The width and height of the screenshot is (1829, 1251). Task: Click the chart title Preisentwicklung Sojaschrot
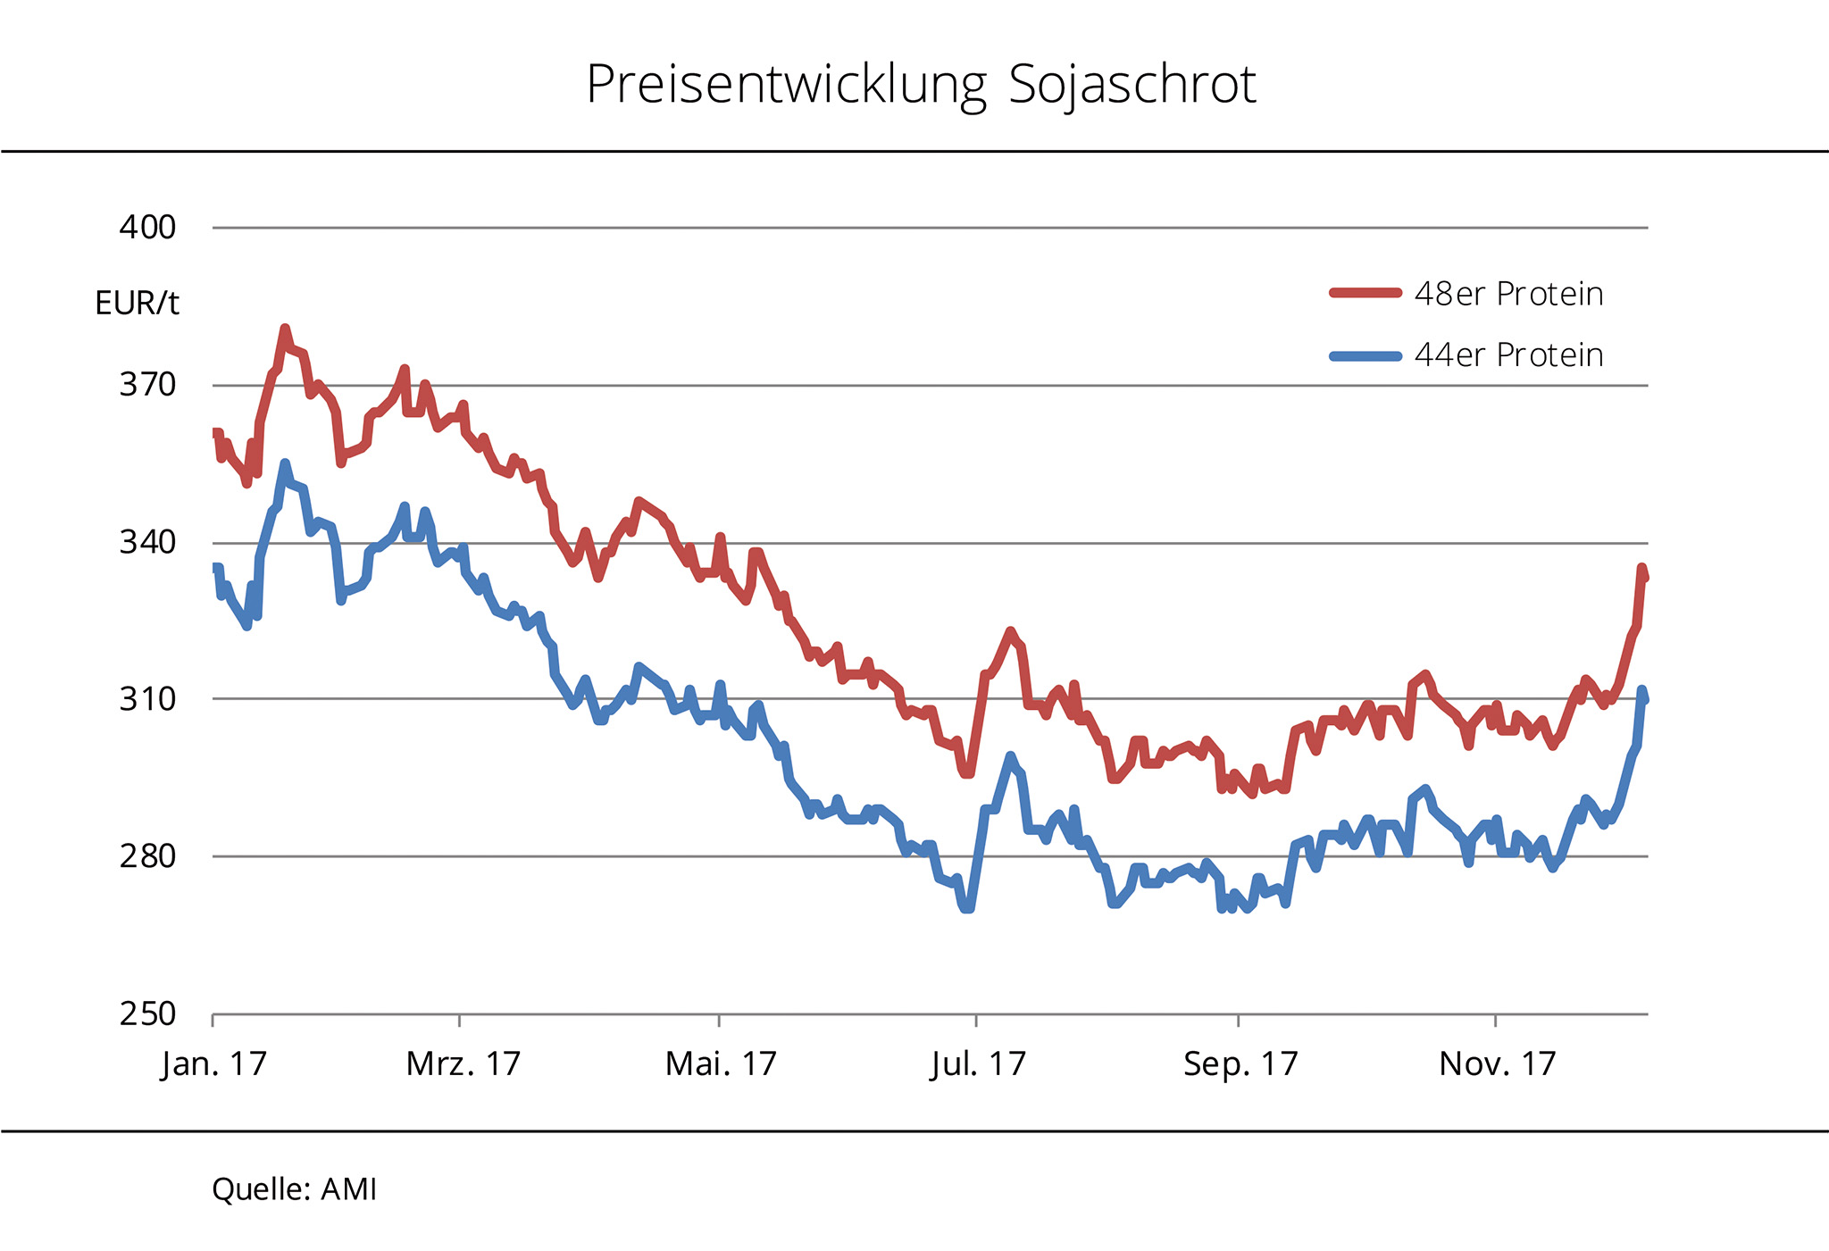coord(921,85)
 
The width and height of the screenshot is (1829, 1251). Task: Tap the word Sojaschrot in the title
coord(1132,85)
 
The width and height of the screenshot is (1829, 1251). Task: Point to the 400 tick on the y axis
coord(148,228)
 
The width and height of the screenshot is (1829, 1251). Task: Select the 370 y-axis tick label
coord(148,385)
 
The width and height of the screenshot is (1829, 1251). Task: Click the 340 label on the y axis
coord(148,542)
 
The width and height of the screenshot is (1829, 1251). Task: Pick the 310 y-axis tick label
coord(148,699)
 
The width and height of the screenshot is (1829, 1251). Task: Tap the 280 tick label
coord(148,856)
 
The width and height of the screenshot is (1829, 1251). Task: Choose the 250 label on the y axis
coord(148,1014)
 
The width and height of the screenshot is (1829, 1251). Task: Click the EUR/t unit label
coord(137,304)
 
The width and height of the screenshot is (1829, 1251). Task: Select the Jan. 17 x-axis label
coord(214,1063)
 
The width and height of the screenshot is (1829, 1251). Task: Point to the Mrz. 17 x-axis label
coord(463,1063)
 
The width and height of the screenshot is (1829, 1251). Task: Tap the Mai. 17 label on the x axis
coord(721,1063)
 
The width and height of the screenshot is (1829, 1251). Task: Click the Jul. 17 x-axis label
coord(978,1063)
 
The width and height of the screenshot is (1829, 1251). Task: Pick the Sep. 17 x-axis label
coord(1240,1063)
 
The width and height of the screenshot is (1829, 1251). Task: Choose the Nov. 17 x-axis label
coord(1498,1063)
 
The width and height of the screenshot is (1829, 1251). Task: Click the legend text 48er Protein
coord(1508,294)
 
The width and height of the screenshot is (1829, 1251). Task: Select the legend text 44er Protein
coord(1508,355)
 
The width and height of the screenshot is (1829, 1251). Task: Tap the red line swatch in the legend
coord(1365,293)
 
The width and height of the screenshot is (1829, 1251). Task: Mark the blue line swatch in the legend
coord(1365,355)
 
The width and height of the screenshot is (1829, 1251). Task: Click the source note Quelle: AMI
coord(295,1189)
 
